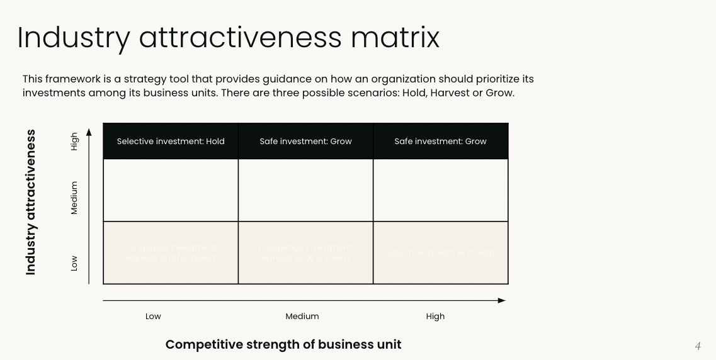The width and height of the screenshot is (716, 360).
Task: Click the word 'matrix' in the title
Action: click(x=395, y=38)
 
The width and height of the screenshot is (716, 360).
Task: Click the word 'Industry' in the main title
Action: click(x=73, y=38)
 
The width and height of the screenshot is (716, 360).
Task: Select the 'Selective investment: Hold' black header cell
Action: click(x=171, y=142)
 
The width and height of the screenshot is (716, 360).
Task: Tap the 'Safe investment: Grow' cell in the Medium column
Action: click(x=305, y=142)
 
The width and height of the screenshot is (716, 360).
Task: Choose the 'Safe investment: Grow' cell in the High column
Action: click(x=440, y=142)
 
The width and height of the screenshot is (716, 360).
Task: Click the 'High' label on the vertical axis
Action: click(x=74, y=141)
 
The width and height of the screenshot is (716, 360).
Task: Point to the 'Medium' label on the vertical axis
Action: click(x=74, y=198)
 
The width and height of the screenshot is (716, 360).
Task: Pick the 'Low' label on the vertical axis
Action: click(x=74, y=262)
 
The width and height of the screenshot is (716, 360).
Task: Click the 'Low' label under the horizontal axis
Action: click(x=153, y=317)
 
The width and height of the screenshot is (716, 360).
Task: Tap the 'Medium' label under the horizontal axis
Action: click(x=302, y=317)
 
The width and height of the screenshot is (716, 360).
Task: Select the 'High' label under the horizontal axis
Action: click(x=435, y=317)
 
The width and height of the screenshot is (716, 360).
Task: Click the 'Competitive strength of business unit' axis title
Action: click(x=283, y=344)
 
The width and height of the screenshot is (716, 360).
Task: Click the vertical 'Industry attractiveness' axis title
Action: click(x=31, y=202)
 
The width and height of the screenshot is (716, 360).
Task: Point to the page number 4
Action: click(x=698, y=346)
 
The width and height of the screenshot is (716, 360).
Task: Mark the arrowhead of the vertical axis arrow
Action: click(x=89, y=132)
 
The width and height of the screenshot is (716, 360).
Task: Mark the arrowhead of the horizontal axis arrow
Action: click(x=502, y=301)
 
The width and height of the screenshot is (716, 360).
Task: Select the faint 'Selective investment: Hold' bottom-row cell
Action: click(x=440, y=253)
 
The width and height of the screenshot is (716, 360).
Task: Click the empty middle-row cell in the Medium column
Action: click(x=305, y=190)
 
